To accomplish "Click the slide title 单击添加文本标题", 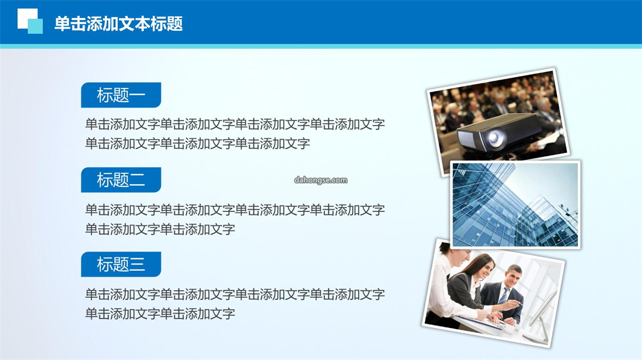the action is coord(118,24).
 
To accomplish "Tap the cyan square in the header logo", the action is coord(35,26).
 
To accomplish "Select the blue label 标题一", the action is coord(121,95).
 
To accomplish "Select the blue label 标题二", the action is coord(121,179).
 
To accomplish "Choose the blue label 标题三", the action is coord(121,264).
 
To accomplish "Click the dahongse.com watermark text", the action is coord(320,180).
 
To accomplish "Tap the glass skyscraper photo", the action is coord(515,204).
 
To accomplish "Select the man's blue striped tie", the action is coord(503,296).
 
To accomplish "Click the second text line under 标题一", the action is coord(197,144).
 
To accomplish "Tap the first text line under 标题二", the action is coord(235,210).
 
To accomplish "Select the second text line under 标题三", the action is coord(160,314).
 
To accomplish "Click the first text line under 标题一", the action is coord(235,124).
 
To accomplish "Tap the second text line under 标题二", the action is coord(160,229).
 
